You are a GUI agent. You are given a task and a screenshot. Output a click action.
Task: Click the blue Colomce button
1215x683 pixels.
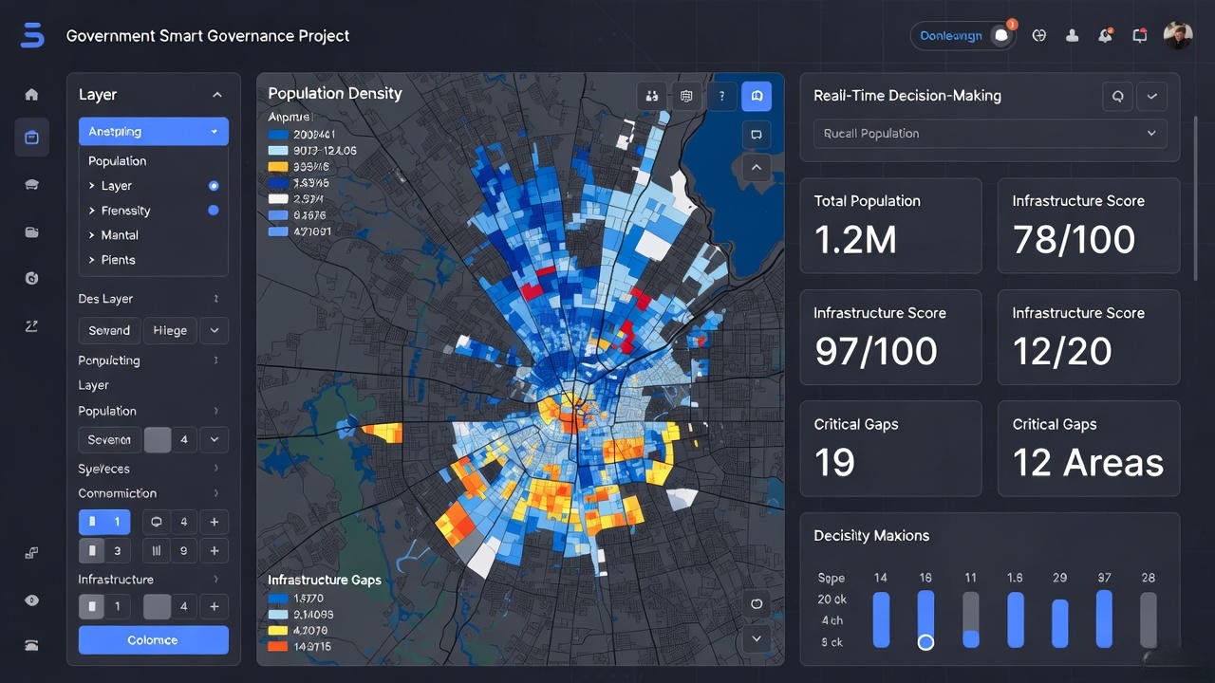[x=153, y=640]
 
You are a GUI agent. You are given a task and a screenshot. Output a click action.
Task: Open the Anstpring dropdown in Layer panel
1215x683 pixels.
[x=153, y=132]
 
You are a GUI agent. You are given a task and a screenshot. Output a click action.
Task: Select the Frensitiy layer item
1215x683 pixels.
[x=126, y=211]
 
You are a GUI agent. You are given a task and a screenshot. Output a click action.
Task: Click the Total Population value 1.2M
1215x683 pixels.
[x=855, y=240]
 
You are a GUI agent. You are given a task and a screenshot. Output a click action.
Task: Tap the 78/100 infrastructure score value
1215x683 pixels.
[x=1074, y=240]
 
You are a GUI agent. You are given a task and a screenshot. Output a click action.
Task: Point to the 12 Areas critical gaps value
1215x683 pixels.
[x=1088, y=463]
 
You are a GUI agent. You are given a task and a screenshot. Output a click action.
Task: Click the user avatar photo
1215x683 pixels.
[x=1177, y=35]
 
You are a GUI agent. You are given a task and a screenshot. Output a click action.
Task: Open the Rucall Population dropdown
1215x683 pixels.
[x=990, y=134]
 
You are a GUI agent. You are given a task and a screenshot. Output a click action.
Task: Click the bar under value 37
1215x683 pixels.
[x=1104, y=618]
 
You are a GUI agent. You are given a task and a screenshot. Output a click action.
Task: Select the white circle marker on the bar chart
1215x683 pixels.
[x=925, y=642]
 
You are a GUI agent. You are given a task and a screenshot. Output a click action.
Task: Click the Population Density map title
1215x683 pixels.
[x=335, y=93]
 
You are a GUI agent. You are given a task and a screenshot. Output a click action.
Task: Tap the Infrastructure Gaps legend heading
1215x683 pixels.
[x=325, y=580]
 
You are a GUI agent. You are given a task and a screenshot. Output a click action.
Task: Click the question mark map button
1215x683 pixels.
[x=721, y=96]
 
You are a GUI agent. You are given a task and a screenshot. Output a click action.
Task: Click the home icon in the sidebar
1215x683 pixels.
[x=31, y=94]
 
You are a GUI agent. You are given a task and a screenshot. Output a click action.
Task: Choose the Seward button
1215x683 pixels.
[x=109, y=330]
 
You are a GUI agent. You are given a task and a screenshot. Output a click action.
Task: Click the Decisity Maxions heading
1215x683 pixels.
[x=870, y=536]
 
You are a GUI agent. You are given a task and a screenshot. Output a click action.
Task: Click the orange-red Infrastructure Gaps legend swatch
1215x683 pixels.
[x=277, y=646]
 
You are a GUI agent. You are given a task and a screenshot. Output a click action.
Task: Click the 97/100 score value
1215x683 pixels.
[x=875, y=352]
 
